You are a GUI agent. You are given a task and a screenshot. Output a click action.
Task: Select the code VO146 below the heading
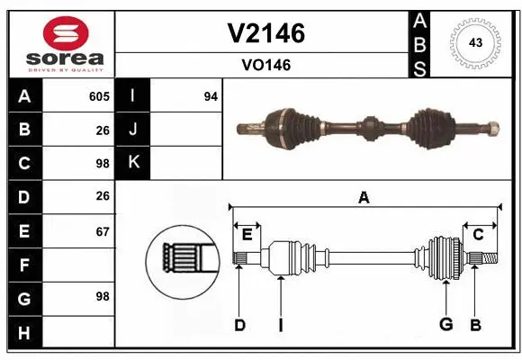pos(265,65)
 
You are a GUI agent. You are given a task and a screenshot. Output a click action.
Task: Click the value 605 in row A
pos(98,96)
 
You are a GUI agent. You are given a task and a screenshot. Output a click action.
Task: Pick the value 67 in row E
pos(103,231)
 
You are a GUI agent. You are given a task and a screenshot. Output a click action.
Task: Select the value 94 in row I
pos(211,96)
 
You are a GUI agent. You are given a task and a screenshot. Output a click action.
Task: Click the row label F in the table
pos(23,265)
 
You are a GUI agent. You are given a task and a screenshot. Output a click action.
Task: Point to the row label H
pos(23,334)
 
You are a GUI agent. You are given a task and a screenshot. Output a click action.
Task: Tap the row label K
pos(133,163)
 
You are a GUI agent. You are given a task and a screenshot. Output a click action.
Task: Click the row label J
pos(133,130)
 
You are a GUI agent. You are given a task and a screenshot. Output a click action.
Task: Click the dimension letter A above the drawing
pos(364,198)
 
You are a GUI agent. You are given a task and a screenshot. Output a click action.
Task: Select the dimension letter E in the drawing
pos(247,235)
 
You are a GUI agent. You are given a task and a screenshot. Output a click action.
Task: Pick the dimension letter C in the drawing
pos(478,235)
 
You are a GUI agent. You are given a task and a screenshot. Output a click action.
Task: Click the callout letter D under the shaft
pos(239,325)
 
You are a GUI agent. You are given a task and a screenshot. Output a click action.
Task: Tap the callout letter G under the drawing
pos(445,325)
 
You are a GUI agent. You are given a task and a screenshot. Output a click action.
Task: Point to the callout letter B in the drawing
pos(476,325)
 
